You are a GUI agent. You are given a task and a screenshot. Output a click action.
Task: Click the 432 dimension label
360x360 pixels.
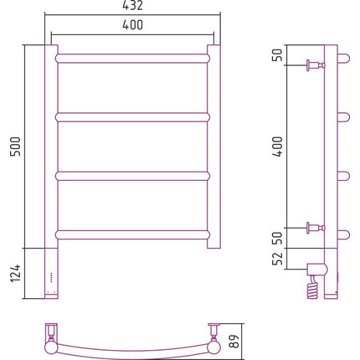132,5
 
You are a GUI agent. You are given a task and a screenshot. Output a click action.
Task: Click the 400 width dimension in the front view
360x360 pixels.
132,25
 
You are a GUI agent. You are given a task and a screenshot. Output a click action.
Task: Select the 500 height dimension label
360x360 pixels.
15,147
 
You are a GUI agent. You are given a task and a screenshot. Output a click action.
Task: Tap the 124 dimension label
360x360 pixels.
15,274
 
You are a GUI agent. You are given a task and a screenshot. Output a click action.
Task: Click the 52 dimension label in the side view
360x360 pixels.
278,259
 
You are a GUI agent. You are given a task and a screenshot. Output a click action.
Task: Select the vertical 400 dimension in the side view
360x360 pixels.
278,147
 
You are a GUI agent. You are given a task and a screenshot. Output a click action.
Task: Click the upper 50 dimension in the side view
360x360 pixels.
278,54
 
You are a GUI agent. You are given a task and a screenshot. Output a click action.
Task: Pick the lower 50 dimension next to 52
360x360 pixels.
278,238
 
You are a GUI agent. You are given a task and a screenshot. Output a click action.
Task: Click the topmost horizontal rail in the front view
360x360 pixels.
132,59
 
